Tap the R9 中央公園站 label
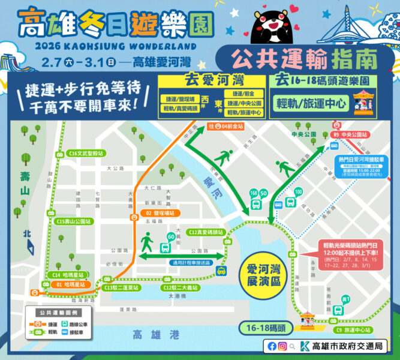point(348,135)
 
